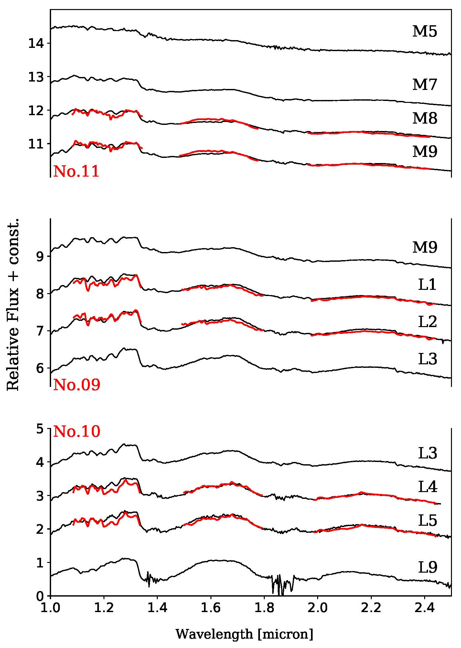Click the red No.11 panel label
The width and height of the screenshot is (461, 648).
tap(76, 171)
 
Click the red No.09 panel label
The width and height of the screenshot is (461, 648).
tap(77, 385)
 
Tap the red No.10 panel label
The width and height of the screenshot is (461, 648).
tap(77, 432)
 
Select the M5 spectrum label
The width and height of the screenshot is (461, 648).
tap(424, 32)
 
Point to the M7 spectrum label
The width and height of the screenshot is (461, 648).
tap(424, 85)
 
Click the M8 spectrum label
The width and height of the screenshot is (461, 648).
tap(424, 119)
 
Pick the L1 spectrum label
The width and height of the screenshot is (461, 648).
tap(427, 285)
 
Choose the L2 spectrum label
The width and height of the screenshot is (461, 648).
tap(427, 322)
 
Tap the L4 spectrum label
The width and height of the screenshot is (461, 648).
tap(427, 487)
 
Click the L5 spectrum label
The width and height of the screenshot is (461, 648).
tap(427, 521)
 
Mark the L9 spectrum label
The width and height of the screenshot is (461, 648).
tap(427, 567)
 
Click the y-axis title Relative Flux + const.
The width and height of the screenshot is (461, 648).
tap(13, 304)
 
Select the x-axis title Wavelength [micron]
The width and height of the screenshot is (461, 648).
tap(244, 634)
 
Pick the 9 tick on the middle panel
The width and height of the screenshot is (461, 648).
tap(39, 257)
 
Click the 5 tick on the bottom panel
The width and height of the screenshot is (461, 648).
tap(39, 429)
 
